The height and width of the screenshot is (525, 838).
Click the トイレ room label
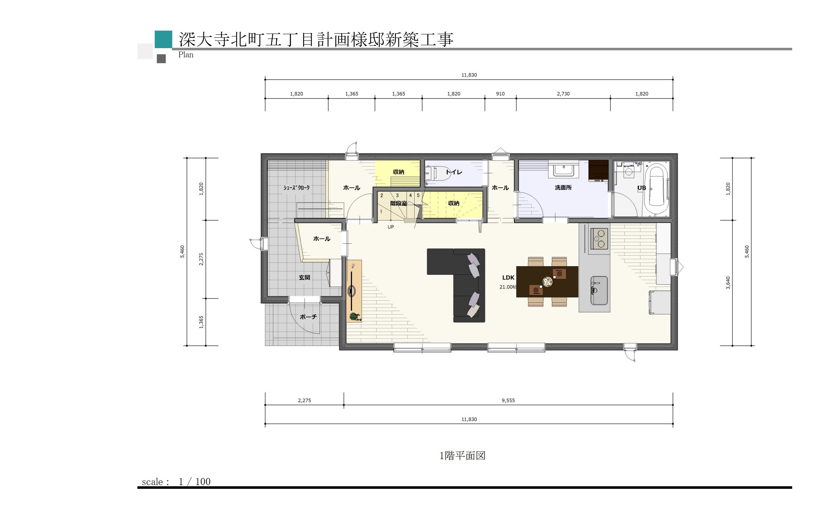point(454,172)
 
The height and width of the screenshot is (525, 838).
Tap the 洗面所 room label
point(563,187)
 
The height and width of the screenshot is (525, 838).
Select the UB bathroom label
point(641,188)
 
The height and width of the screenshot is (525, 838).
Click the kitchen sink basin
point(599,290)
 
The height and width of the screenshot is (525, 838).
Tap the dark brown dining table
point(547,282)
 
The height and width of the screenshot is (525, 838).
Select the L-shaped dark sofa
point(456,285)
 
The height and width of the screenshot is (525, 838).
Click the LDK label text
point(508,278)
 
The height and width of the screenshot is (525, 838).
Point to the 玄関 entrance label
point(304,278)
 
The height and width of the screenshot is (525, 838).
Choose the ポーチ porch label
point(308,317)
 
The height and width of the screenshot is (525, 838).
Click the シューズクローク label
point(296,187)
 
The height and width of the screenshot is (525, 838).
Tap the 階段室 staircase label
point(398,203)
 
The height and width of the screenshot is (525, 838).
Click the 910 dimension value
point(500,94)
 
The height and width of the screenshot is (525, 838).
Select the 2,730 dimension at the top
point(563,94)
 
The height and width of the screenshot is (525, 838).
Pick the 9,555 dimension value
point(508,400)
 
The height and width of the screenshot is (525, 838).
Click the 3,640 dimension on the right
point(728,283)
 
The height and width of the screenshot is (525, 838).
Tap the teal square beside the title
point(163,39)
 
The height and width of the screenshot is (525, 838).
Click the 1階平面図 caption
point(462,456)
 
